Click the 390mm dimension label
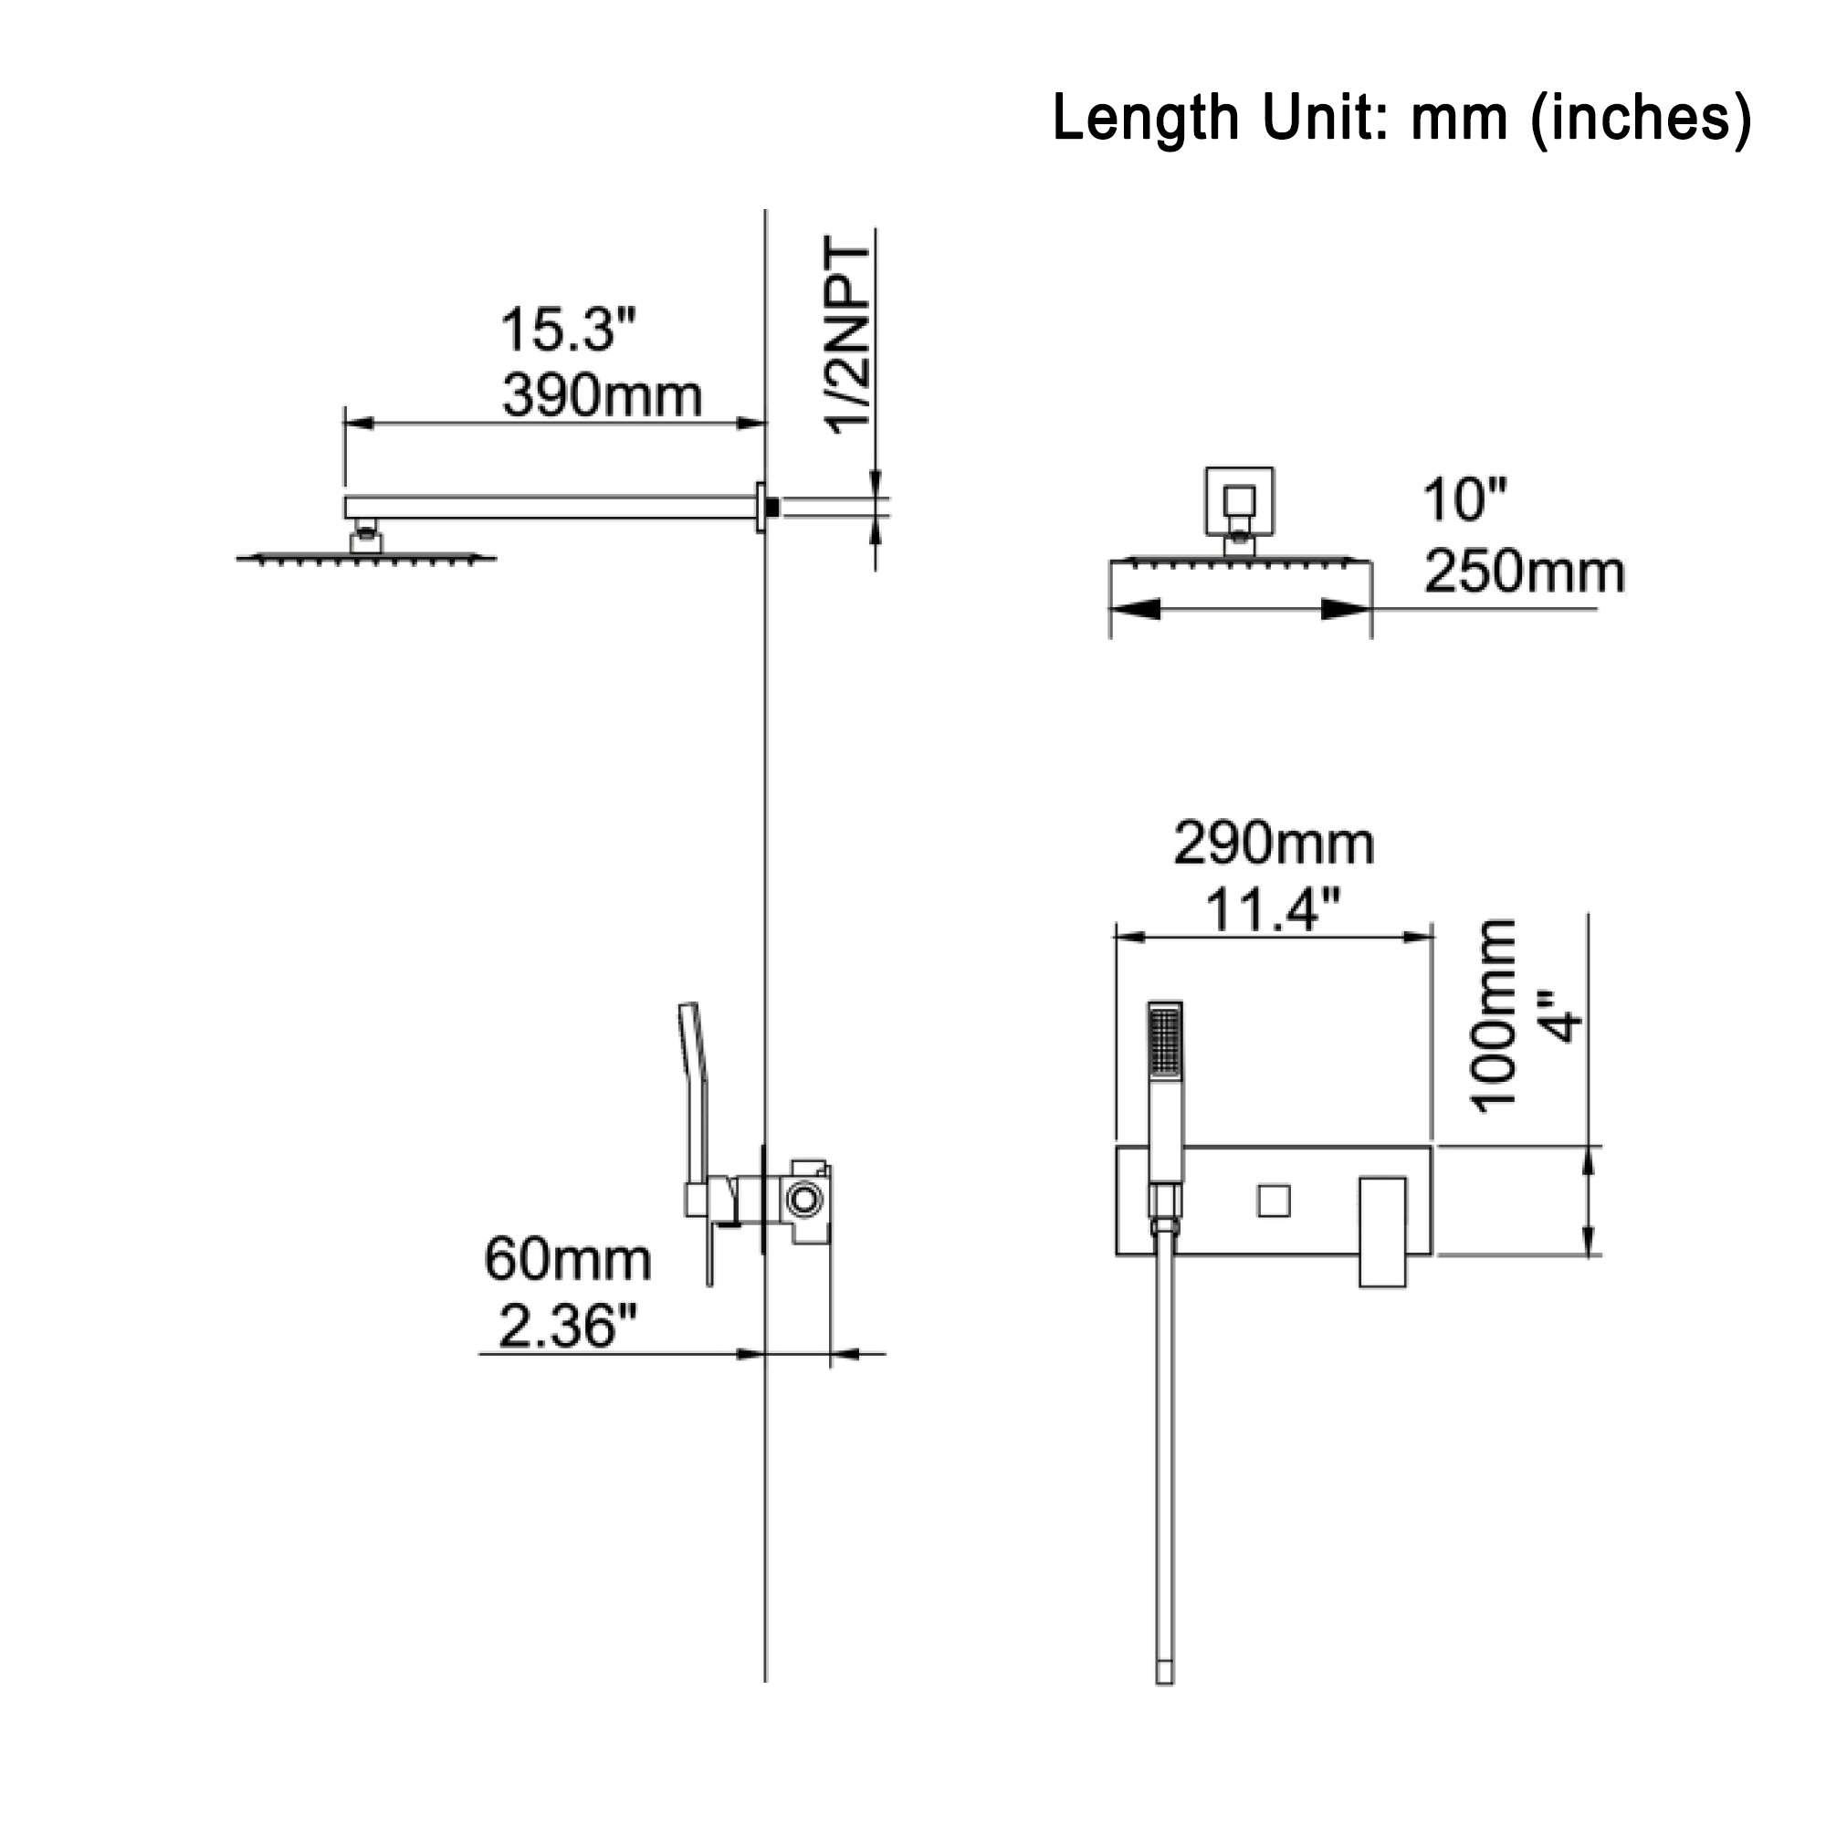602,396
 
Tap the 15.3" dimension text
568,330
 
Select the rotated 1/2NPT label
848,337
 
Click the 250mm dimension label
1524,572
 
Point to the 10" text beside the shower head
1464,500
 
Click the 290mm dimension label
1273,843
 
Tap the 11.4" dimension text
1272,910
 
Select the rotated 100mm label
1493,1016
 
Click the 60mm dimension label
567,1260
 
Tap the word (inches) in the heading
1641,118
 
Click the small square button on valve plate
1273,1202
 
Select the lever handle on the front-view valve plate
1382,1232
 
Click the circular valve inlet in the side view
804,1201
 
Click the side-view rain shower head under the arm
366,559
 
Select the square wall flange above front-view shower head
1239,501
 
